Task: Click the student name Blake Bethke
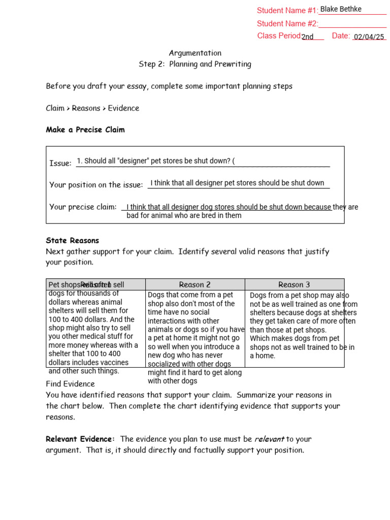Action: point(341,9)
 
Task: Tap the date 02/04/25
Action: point(369,37)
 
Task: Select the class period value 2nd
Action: point(307,37)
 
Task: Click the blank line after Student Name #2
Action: point(352,24)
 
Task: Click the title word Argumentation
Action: point(195,53)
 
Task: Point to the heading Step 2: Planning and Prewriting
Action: point(195,64)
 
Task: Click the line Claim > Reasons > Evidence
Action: point(92,108)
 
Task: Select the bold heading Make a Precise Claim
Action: point(85,130)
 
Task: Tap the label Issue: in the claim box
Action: point(60,164)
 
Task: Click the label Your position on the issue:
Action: point(96,185)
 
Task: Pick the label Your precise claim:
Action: point(83,207)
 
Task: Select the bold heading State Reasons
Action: point(73,241)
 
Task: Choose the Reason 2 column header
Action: point(195,285)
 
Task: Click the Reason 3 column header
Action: point(294,285)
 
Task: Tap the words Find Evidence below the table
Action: point(70,384)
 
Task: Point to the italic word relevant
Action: point(269,439)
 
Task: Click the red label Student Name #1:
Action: point(287,11)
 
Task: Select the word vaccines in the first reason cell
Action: point(114,363)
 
